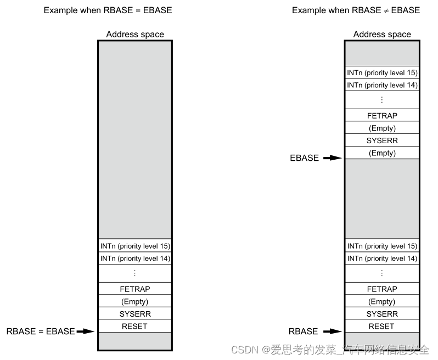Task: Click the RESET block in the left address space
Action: point(134,327)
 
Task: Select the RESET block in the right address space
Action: point(381,327)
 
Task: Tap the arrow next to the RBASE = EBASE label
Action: point(85,331)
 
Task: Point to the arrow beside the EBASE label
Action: point(332,158)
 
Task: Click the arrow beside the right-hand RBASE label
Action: point(332,331)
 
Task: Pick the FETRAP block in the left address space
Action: point(134,289)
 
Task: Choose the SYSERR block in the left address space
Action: point(134,314)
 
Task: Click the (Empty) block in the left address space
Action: point(134,302)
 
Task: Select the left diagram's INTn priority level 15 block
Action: point(134,246)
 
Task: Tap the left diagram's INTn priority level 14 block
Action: point(134,258)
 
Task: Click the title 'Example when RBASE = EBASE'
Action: point(108,10)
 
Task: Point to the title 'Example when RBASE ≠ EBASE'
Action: point(356,10)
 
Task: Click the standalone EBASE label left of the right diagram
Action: point(304,158)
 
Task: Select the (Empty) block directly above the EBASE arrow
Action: point(381,153)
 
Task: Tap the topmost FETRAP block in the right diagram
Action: point(381,116)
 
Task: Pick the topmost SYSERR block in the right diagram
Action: point(381,140)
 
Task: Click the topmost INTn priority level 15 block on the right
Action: point(381,72)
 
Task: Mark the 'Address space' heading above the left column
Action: point(135,34)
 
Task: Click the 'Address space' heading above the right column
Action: point(382,34)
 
